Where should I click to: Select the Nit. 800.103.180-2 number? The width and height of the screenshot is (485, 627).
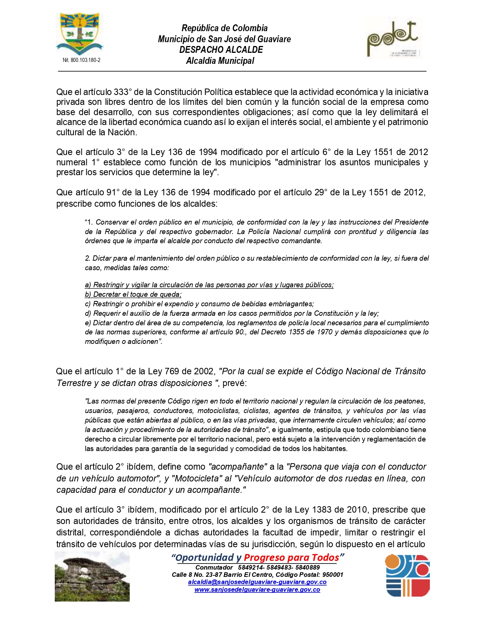click(x=81, y=60)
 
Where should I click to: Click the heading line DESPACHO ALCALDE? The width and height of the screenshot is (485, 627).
click(x=221, y=50)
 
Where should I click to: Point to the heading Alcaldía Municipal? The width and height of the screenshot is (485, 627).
click(x=220, y=61)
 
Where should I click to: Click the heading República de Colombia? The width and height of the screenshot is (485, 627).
click(x=224, y=28)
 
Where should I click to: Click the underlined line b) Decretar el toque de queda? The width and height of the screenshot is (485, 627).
click(x=133, y=294)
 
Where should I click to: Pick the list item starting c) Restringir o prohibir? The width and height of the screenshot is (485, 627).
click(x=199, y=304)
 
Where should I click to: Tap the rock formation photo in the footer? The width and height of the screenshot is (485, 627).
click(x=92, y=576)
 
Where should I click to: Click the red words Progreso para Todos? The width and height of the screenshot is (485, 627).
click(x=291, y=558)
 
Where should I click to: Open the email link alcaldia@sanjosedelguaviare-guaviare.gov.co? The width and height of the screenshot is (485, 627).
click(x=257, y=582)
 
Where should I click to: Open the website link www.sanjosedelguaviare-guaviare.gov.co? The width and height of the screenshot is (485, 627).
click(x=257, y=590)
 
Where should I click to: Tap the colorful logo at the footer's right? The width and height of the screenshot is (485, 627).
click(x=408, y=575)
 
